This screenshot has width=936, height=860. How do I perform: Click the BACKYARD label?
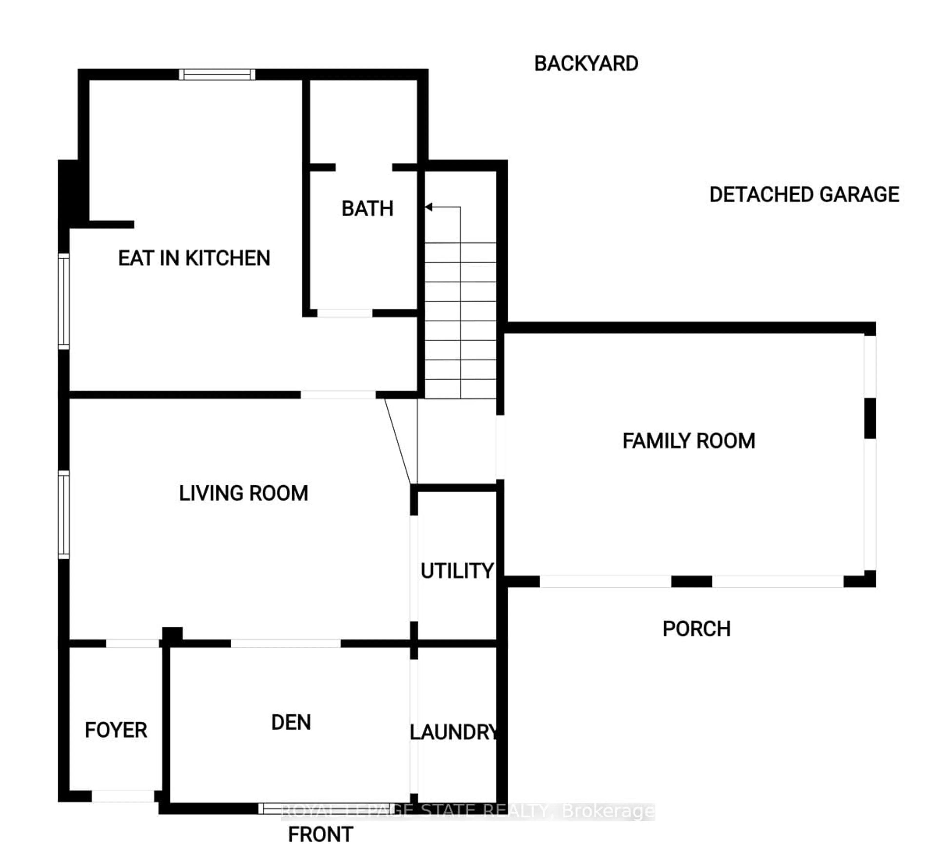[x=586, y=64]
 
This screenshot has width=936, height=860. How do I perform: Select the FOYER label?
[x=116, y=730]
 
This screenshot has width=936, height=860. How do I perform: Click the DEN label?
[x=291, y=723]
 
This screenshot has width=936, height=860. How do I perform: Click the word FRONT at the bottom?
[x=320, y=834]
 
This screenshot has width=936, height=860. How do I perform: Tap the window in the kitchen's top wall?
[x=217, y=75]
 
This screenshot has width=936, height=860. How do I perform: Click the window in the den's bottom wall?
[x=326, y=808]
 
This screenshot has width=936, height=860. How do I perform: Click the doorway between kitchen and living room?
[x=338, y=395]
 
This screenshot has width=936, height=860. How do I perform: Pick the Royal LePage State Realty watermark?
[x=468, y=811]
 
